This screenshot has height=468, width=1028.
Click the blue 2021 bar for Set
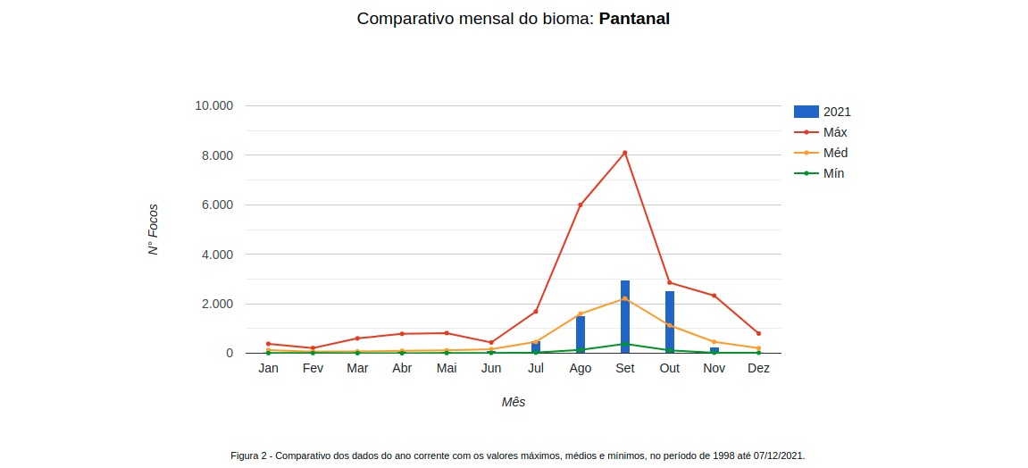[625, 317]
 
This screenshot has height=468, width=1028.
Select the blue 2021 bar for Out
[670, 322]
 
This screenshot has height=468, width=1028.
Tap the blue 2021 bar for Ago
[581, 335]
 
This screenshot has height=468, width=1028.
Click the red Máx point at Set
[625, 153]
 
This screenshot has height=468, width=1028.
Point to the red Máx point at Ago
[581, 205]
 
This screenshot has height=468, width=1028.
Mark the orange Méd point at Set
[625, 298]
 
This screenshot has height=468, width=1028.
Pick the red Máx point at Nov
[714, 296]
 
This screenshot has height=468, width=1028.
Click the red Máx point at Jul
[536, 312]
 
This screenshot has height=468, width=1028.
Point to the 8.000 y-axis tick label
[214, 155]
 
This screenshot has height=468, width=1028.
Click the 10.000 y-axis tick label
[213, 105]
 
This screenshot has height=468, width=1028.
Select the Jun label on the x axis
[491, 368]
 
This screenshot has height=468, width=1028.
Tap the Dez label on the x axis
[758, 368]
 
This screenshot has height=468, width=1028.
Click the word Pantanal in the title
[634, 19]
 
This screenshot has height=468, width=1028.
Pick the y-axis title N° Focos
[154, 230]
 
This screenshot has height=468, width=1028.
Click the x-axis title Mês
[514, 402]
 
